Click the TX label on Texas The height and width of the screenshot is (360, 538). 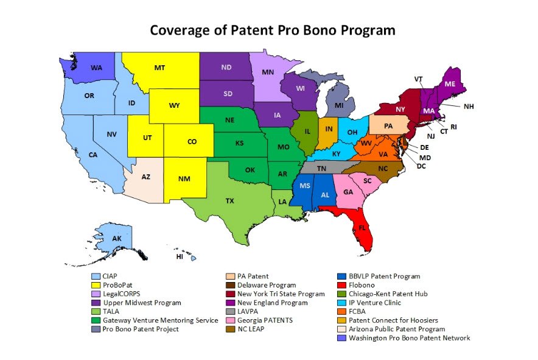229,200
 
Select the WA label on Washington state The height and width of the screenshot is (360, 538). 96,68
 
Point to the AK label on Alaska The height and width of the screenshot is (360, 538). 117,238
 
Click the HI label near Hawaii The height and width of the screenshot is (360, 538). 180,257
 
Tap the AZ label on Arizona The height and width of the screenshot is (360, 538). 146,177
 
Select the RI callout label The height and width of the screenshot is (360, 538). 453,127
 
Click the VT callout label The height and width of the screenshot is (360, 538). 418,79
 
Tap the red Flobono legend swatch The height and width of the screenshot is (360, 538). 343,285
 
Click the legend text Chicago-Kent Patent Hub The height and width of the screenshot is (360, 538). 389,294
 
